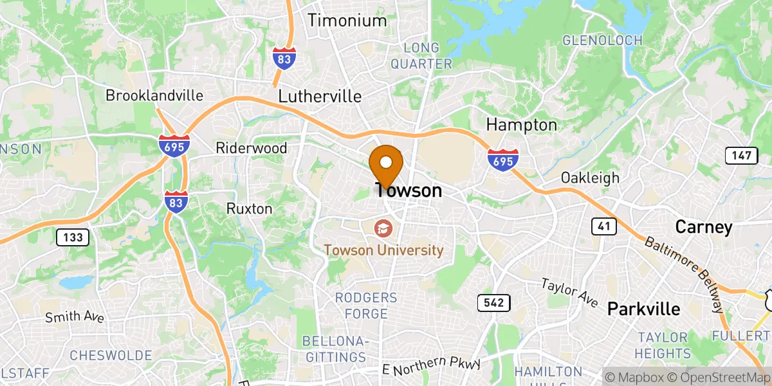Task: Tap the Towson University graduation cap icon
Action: click(383, 228)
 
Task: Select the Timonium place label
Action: click(347, 20)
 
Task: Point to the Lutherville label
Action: click(320, 96)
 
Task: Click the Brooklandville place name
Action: click(154, 96)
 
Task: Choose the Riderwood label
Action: click(252, 148)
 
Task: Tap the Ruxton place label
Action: click(249, 209)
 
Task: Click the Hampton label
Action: click(521, 124)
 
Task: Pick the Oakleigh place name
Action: click(590, 178)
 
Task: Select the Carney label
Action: click(703, 227)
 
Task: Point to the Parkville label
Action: click(644, 309)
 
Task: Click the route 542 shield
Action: click(493, 302)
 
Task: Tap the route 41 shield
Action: click(605, 226)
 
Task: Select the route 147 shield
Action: click(740, 155)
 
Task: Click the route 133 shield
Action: click(73, 237)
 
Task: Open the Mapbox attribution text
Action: click(633, 377)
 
